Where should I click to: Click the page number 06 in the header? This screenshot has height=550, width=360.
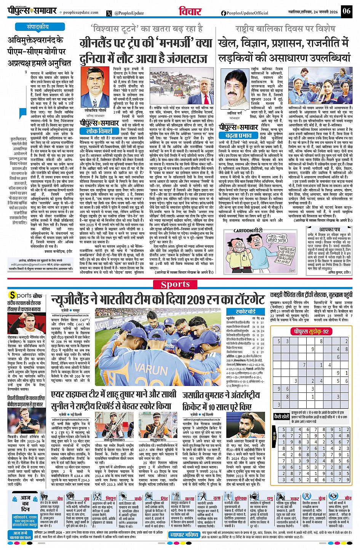click(x=346, y=11)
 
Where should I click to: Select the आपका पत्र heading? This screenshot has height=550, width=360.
click(x=330, y=230)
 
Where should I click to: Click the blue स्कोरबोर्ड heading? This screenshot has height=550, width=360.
click(x=245, y=311)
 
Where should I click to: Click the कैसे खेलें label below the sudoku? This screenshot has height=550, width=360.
click(x=281, y=417)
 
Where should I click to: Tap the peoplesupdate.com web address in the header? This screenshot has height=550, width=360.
click(x=80, y=12)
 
